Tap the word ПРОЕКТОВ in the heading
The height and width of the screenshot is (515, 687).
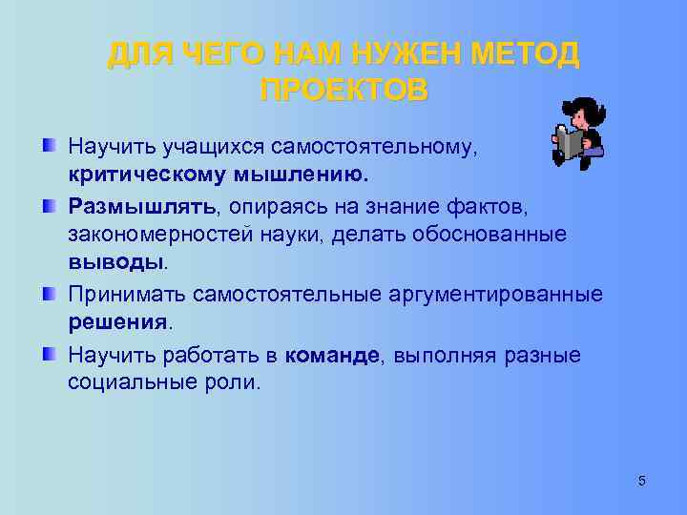coord(343,91)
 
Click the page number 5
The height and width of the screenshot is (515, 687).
coord(642,481)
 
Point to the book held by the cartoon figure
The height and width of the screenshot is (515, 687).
coord(570,144)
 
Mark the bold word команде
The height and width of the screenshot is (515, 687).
coord(332,355)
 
